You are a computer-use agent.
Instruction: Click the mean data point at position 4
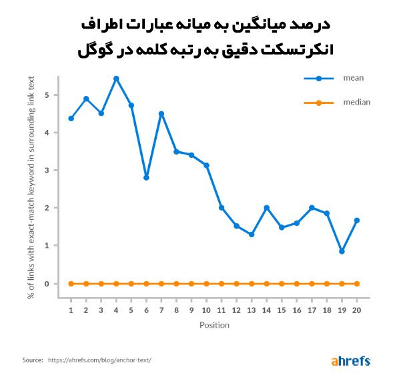(x=116, y=79)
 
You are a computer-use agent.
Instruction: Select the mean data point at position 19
(x=342, y=251)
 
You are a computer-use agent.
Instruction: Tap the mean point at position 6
(x=146, y=178)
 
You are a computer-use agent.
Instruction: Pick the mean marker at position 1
(x=71, y=119)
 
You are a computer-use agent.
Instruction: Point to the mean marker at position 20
(x=357, y=220)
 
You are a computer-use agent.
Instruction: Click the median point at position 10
(x=206, y=284)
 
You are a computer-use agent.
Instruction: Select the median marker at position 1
(x=71, y=284)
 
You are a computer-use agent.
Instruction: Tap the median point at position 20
(x=357, y=284)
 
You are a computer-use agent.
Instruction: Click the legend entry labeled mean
(x=352, y=79)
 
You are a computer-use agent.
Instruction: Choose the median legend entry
(x=356, y=103)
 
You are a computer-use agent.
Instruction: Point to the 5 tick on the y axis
(x=47, y=95)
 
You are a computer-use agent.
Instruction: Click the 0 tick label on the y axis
(x=47, y=284)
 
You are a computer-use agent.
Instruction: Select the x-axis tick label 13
(x=252, y=310)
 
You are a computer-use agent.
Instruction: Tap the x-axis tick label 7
(x=161, y=310)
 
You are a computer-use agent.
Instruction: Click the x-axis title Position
(x=214, y=325)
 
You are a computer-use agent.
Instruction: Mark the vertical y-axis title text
(x=31, y=189)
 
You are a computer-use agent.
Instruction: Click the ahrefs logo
(x=350, y=362)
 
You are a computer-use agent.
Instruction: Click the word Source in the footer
(x=32, y=360)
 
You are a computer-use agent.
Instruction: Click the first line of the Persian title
(x=199, y=25)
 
